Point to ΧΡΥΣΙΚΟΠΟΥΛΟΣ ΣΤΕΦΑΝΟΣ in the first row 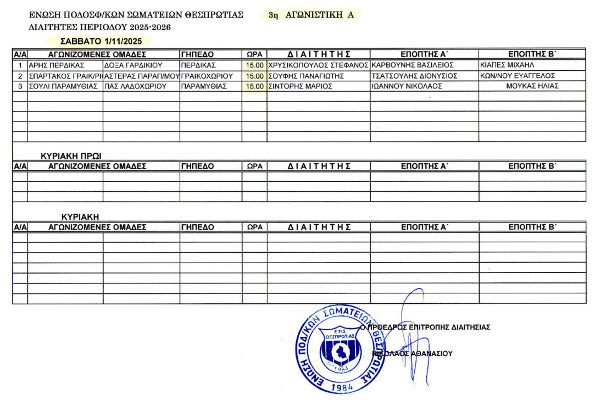point(318,65)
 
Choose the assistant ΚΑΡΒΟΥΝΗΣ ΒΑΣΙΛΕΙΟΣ point(412,65)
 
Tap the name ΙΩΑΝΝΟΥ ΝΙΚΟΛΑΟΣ point(407,86)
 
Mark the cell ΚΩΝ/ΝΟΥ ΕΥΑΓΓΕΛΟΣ point(517,76)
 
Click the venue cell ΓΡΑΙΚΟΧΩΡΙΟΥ point(207,76)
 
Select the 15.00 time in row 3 point(255,86)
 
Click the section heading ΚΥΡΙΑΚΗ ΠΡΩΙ point(70,156)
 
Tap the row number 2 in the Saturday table point(20,76)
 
